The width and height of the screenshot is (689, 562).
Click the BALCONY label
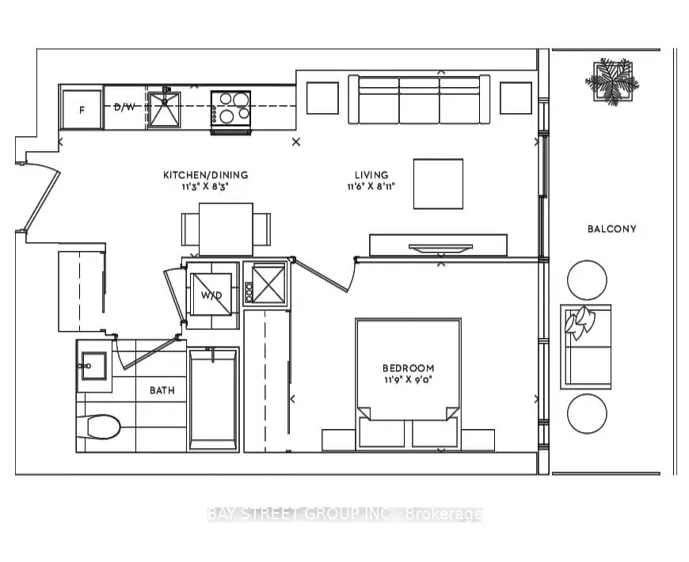pos(611,229)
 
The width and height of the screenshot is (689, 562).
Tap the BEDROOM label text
pos(408,368)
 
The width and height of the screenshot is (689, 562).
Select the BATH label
pos(162,390)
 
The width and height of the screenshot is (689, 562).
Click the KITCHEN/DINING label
pos(206,175)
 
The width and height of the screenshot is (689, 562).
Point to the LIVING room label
pos(371,175)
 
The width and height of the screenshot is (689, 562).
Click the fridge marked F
pos(82,110)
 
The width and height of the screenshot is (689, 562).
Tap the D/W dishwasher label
pos(125,107)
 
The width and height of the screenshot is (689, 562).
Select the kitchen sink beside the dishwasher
pos(164,109)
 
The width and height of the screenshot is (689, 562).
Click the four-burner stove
pos(230,110)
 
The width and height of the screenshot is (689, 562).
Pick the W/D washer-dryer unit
pos(211,294)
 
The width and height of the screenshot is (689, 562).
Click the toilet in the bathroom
pos(98,427)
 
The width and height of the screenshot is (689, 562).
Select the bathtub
pos(214,400)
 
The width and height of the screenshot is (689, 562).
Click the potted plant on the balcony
pos(611,82)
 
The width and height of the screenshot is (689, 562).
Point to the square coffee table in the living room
pos(438,184)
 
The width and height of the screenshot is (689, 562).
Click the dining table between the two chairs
pos(226,230)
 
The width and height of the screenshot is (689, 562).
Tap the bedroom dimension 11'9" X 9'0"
pos(408,380)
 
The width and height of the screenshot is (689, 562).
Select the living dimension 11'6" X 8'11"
pos(371,187)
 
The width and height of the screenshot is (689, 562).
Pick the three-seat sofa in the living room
pos(419,99)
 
